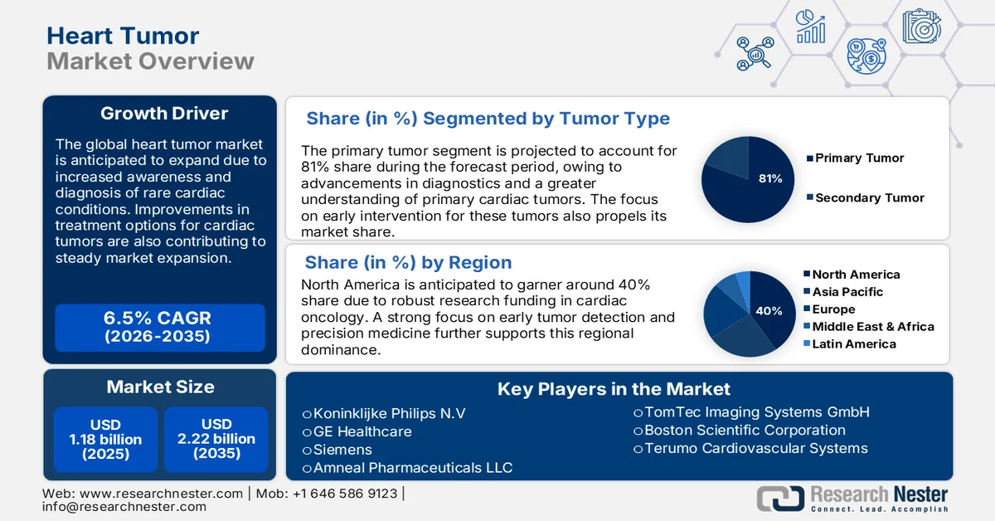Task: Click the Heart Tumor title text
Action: tap(123, 36)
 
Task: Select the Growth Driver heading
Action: tap(164, 114)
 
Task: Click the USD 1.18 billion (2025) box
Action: tap(104, 439)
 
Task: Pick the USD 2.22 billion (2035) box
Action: tap(216, 439)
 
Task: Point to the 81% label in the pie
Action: tap(770, 178)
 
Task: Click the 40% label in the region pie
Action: tap(769, 311)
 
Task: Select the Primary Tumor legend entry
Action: tap(859, 158)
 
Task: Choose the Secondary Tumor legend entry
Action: tap(869, 197)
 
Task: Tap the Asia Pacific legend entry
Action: tap(847, 292)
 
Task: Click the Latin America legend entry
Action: tap(853, 343)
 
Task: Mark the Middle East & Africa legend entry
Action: tap(872, 326)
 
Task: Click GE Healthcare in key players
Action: tap(362, 431)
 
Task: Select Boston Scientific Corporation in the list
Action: tap(744, 430)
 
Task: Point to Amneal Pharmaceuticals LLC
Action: tap(412, 468)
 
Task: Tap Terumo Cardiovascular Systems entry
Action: tap(755, 448)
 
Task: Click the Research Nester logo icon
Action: tap(780, 498)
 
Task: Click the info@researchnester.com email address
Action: tap(124, 506)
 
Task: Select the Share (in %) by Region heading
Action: tap(408, 263)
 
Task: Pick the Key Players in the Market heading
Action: tap(614, 388)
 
